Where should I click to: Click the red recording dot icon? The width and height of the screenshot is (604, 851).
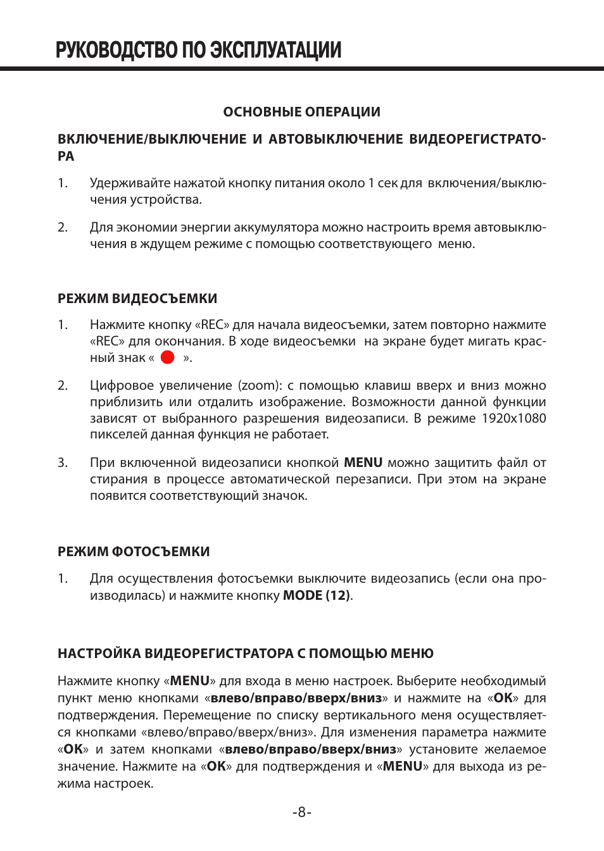[x=168, y=357]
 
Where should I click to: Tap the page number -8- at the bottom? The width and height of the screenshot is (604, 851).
[x=302, y=812]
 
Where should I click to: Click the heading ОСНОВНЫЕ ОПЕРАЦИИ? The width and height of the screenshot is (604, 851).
[x=302, y=112]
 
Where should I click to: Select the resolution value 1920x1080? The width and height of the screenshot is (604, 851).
[x=513, y=418]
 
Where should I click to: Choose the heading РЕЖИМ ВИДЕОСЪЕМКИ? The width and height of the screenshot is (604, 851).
[x=137, y=299]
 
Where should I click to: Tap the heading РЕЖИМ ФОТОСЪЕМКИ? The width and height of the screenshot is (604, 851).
[x=134, y=552]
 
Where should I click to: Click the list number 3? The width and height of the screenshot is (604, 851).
[x=63, y=463]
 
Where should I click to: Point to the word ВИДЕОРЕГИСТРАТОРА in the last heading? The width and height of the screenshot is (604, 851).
[x=217, y=654]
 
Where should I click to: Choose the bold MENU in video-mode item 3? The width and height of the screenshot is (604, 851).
[x=363, y=463]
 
